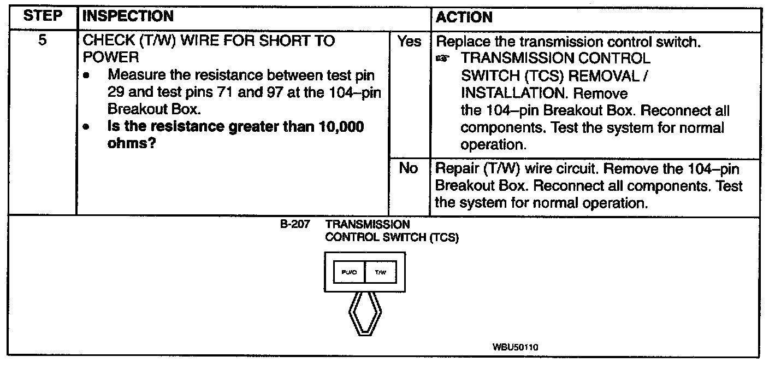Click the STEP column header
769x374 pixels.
(x=43, y=17)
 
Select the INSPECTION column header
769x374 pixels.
(x=127, y=17)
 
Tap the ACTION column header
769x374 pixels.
(x=464, y=17)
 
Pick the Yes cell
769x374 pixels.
(x=409, y=42)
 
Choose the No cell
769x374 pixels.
(x=409, y=168)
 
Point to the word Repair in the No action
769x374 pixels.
(x=455, y=168)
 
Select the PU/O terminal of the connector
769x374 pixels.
(x=349, y=272)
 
